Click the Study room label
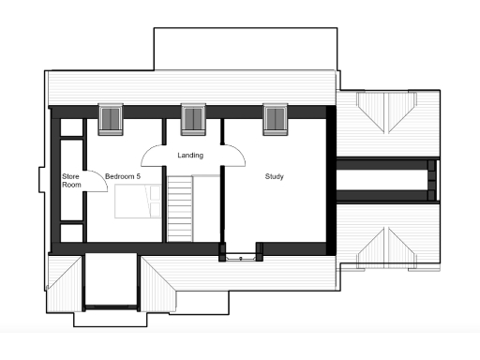coord(274,176)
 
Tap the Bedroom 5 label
coord(122,176)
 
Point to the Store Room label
coord(71,181)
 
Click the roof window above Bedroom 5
coord(111,119)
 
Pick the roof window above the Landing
coord(192,118)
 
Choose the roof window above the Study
coord(275,118)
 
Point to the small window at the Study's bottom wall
coord(242,252)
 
